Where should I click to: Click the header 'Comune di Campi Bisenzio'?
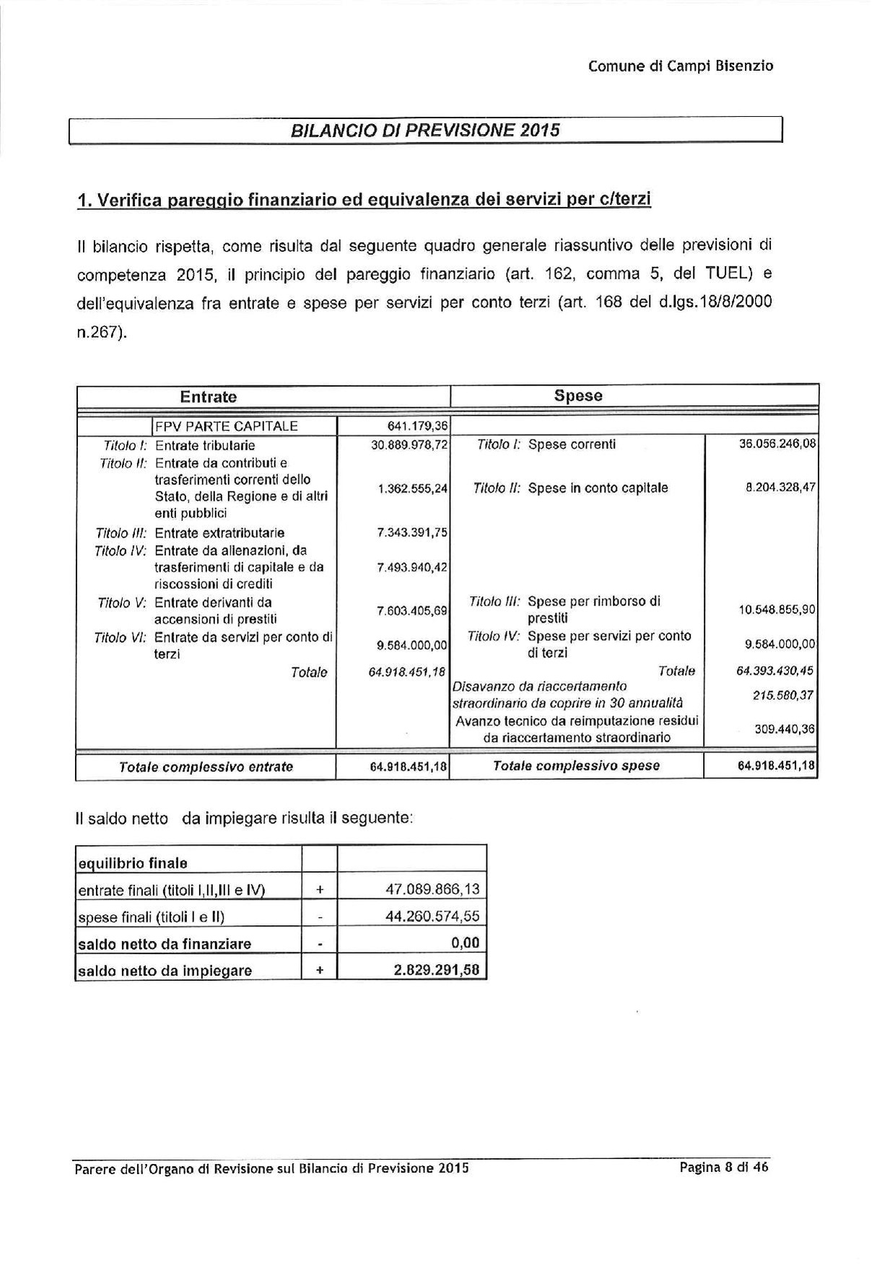pyautogui.click(x=681, y=66)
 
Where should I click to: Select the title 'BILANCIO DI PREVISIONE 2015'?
pyautogui.click(x=425, y=131)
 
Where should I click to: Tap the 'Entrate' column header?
pyautogui.click(x=208, y=397)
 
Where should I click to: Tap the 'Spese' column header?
pyautogui.click(x=578, y=396)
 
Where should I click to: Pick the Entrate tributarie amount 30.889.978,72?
pyautogui.click(x=410, y=445)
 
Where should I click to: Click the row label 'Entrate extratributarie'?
pyautogui.click(x=219, y=533)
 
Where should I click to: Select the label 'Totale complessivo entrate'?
pyautogui.click(x=206, y=767)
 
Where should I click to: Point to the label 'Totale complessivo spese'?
pyautogui.click(x=576, y=766)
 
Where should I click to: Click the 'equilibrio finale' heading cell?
pyautogui.click(x=132, y=863)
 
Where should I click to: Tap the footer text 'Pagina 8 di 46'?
pyautogui.click(x=724, y=1168)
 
